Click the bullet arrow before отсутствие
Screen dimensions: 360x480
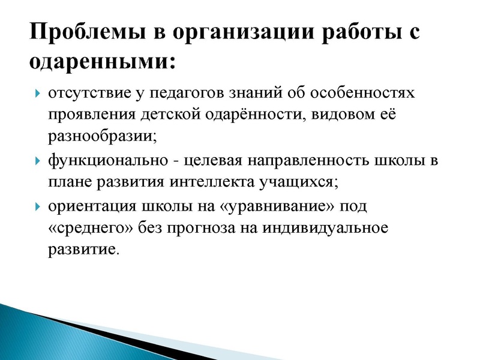coord(37,94)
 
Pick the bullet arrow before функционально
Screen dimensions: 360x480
coord(37,161)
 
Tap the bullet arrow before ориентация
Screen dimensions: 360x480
coord(37,207)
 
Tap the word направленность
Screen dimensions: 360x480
coord(306,161)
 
